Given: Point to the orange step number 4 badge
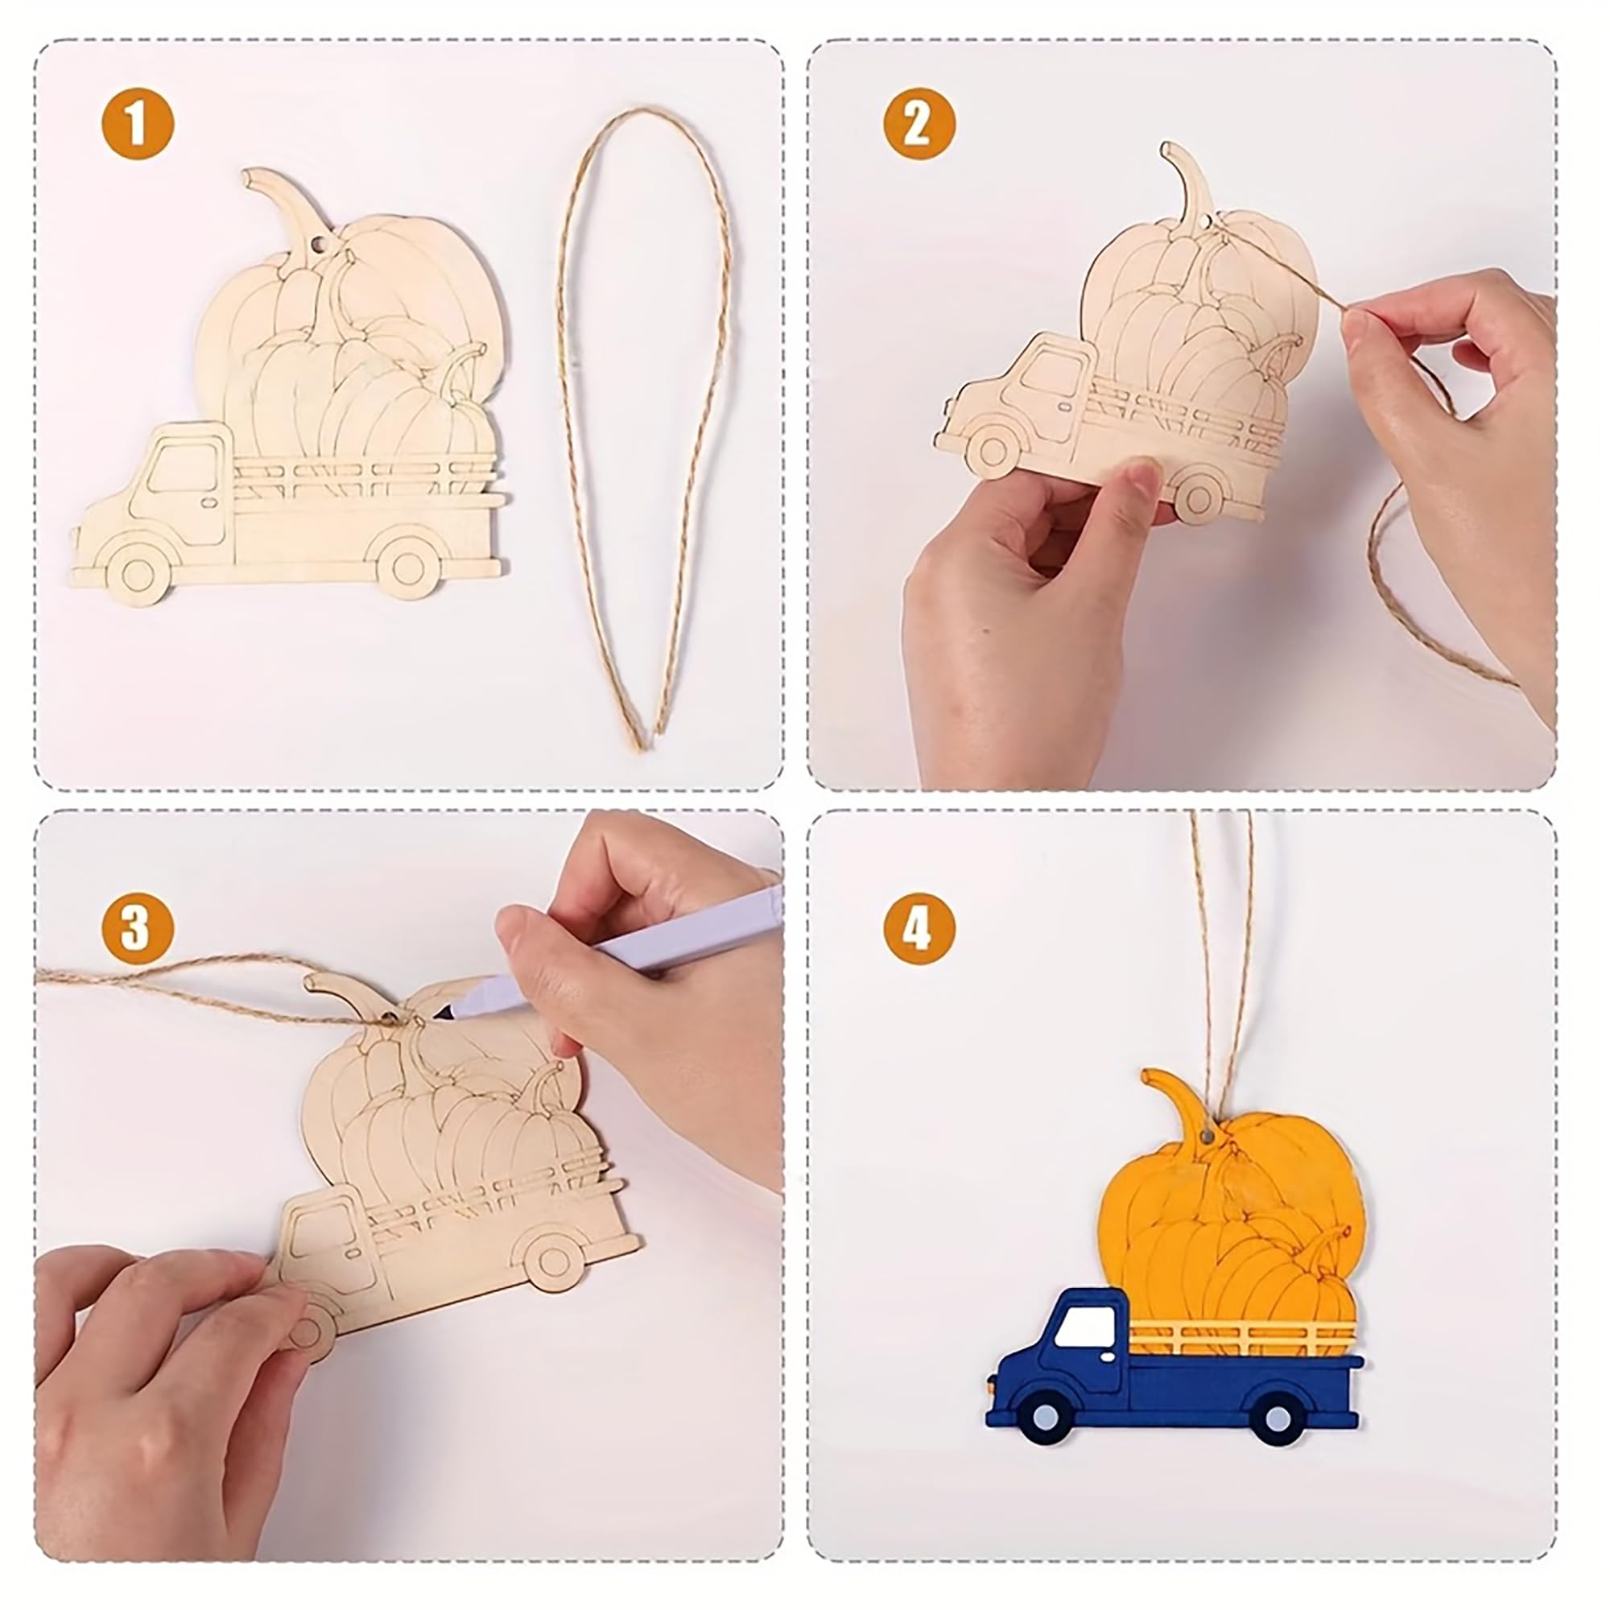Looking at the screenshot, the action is (919, 929).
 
